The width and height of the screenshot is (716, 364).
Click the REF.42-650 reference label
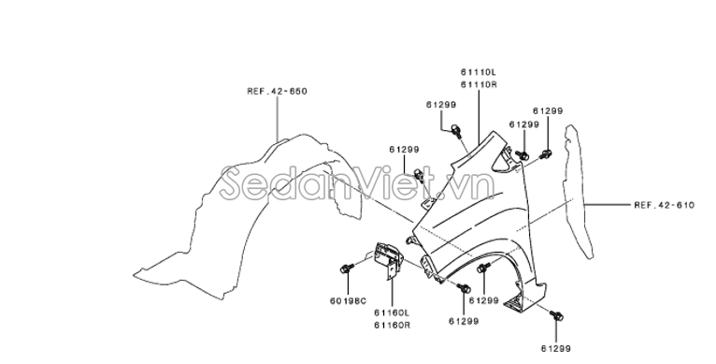(x=278, y=92)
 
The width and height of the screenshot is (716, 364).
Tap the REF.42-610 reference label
(x=664, y=205)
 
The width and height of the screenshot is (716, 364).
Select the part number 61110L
(x=478, y=72)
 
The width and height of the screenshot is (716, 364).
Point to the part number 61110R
(x=478, y=84)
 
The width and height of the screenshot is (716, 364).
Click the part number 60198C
(x=348, y=301)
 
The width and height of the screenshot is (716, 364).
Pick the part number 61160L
(x=392, y=313)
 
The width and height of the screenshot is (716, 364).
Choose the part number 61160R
(x=392, y=325)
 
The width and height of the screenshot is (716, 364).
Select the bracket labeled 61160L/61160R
(x=389, y=259)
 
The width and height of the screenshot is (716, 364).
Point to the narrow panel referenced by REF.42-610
(x=577, y=192)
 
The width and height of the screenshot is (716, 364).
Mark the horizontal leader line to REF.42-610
(x=608, y=205)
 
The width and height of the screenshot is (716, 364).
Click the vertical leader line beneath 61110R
(x=479, y=113)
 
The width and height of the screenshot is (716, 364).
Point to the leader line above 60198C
(x=348, y=284)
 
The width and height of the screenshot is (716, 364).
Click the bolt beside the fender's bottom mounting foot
(x=556, y=316)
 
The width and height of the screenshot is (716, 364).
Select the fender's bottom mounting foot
(x=516, y=303)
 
